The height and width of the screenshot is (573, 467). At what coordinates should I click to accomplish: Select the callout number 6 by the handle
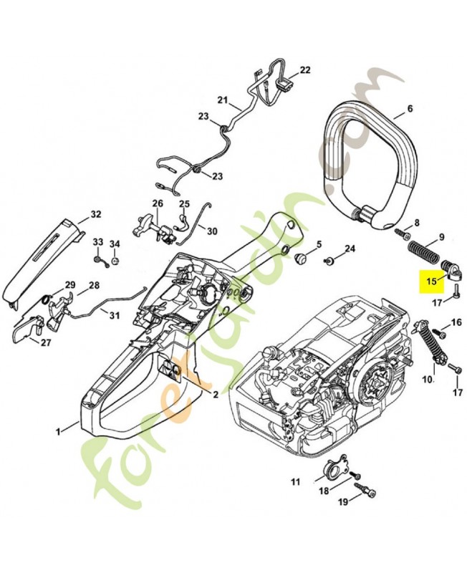click(410, 110)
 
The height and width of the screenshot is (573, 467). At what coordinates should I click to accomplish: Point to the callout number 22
click(305, 70)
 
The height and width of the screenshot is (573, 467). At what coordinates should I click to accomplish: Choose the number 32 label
click(95, 214)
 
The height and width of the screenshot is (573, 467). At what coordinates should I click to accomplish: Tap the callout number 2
click(214, 394)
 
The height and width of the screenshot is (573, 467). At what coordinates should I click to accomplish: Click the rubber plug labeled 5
click(300, 256)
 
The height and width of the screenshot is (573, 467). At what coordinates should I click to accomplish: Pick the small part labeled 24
click(330, 260)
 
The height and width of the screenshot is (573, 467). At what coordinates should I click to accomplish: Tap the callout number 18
click(324, 491)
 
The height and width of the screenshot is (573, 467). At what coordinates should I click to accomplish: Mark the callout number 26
click(158, 203)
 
